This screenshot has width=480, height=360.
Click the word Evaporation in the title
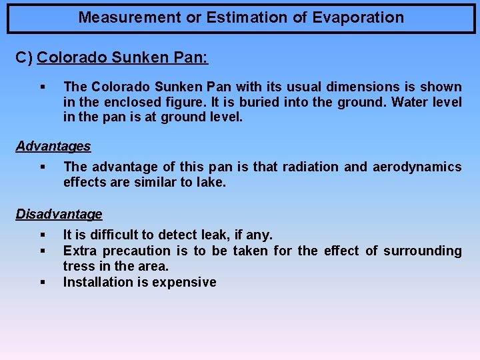(361, 18)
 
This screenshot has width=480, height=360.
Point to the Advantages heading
(53, 146)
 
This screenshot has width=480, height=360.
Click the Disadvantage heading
(59, 214)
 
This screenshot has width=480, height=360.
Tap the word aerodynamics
(421, 167)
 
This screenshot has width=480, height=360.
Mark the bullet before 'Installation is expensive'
(41, 282)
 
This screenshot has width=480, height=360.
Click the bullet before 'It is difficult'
(41, 235)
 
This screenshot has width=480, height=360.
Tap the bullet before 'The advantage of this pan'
(41, 167)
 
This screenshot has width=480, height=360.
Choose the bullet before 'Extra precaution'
(41, 251)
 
